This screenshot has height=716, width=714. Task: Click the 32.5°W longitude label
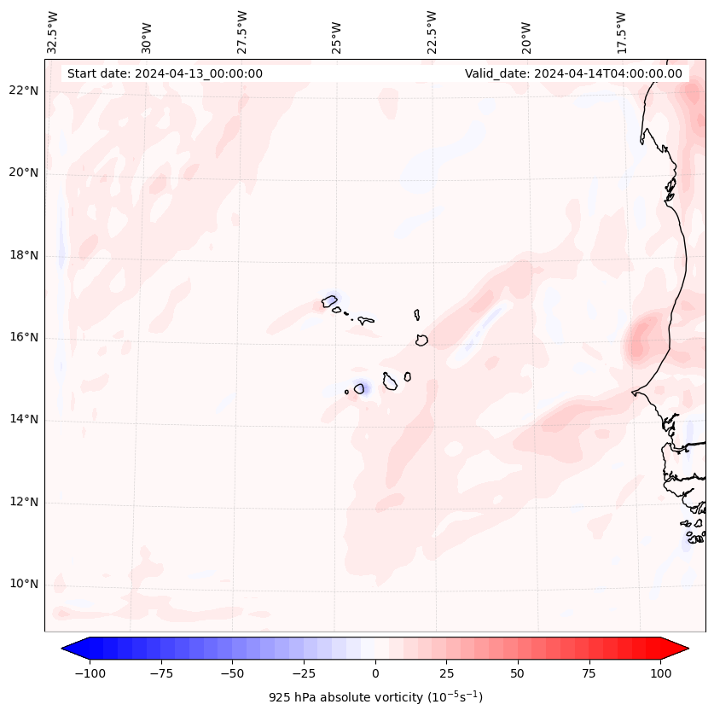[x=53, y=32]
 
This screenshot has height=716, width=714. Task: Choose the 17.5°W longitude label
[x=621, y=32]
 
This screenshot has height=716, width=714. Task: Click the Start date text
[x=165, y=73]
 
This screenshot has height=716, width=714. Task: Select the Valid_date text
[x=573, y=73]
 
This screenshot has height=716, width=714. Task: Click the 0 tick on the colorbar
[x=374, y=673]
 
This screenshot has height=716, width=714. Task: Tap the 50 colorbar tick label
[x=517, y=673]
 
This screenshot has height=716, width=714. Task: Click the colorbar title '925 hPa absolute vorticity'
[x=375, y=698]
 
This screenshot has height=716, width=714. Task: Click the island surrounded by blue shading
[x=359, y=389]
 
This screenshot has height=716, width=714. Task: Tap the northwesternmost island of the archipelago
[x=329, y=300]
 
